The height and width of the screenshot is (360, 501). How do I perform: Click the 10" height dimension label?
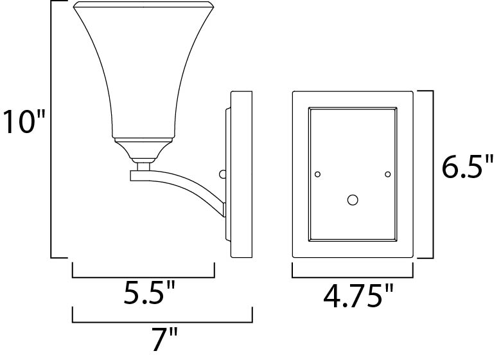(x=24, y=123)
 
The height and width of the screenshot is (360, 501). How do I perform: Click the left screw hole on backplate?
(x=317, y=174)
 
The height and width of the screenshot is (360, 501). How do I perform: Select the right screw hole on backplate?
(x=387, y=174)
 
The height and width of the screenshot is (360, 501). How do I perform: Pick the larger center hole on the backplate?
(x=352, y=200)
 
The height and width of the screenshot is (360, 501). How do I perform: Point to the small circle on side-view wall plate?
(x=223, y=174)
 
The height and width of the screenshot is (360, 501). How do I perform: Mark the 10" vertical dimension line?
(x=51, y=129)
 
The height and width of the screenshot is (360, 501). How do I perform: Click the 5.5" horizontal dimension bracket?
(x=143, y=278)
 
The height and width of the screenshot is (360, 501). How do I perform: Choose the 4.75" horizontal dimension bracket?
(x=353, y=278)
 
